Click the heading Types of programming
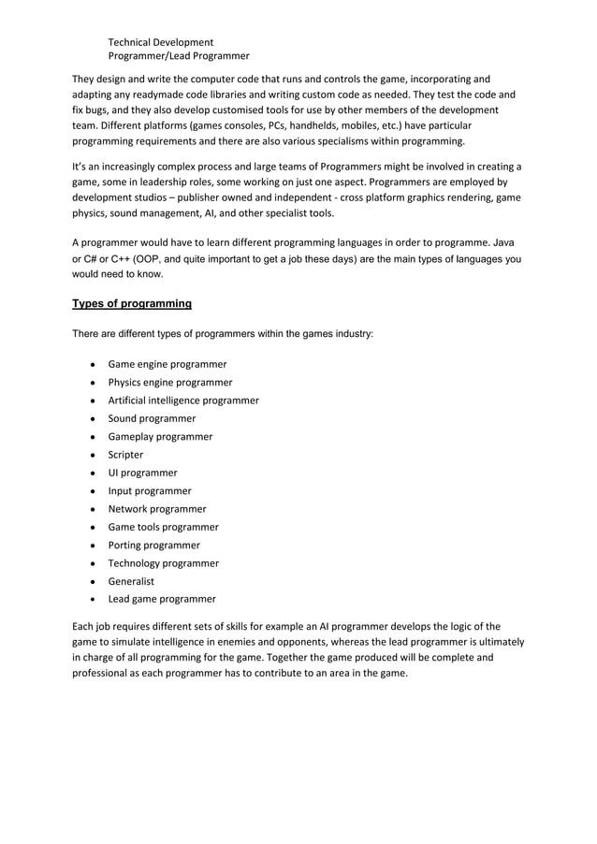click(x=132, y=304)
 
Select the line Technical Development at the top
click(x=161, y=42)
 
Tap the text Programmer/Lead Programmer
click(x=179, y=56)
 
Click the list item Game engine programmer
click(x=167, y=364)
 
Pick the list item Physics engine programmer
click(x=170, y=382)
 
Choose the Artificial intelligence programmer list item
click(x=183, y=400)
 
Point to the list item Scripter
click(x=126, y=455)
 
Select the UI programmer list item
click(x=142, y=473)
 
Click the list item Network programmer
click(x=157, y=509)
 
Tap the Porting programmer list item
click(x=154, y=545)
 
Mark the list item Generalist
click(x=132, y=581)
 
